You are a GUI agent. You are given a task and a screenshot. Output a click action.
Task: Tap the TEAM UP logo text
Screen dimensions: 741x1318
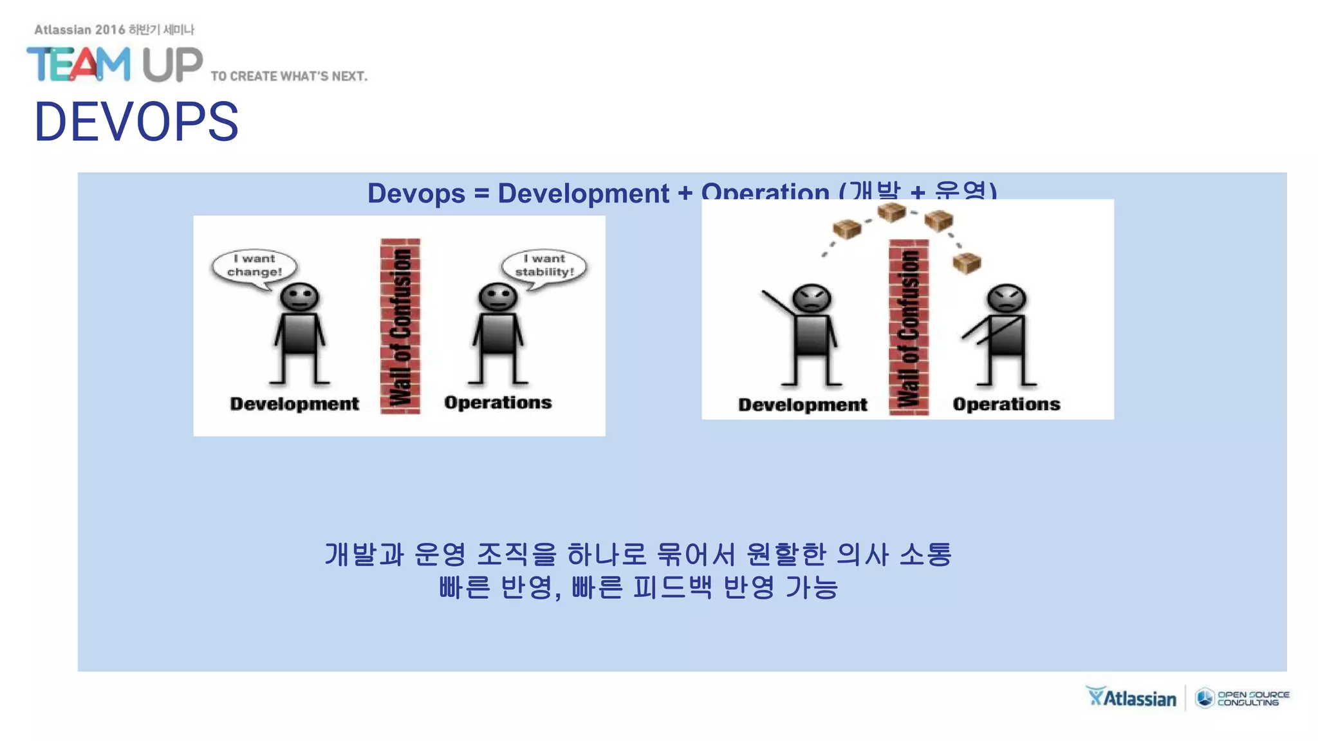click(115, 64)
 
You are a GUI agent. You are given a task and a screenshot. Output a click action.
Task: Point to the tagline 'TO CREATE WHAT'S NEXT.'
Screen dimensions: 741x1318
click(289, 77)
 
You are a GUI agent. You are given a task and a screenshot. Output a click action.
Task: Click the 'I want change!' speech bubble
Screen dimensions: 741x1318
click(254, 266)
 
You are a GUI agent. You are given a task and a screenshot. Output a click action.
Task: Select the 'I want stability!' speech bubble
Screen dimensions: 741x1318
click(544, 266)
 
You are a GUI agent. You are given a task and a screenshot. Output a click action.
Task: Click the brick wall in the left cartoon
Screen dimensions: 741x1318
click(400, 326)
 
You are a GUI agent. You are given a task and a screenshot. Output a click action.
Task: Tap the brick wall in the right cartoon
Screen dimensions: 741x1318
click(909, 327)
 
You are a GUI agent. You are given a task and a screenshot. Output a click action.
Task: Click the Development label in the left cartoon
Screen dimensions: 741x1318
click(294, 404)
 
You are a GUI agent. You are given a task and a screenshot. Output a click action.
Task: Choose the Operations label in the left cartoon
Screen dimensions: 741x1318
click(497, 403)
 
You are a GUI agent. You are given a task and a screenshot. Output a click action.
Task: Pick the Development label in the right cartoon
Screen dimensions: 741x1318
click(803, 405)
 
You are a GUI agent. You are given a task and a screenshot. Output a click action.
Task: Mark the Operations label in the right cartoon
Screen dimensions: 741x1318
click(1006, 405)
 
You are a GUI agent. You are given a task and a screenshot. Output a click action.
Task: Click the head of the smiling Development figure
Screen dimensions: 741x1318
click(299, 298)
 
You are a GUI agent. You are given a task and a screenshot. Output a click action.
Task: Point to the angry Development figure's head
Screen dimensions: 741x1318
click(812, 299)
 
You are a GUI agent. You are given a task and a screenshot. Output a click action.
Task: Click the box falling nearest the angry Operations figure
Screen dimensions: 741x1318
click(966, 262)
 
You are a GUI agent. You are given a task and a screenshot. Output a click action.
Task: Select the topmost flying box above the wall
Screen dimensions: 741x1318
click(891, 212)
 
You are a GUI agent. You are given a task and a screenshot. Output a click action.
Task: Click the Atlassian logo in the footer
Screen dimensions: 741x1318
click(1131, 698)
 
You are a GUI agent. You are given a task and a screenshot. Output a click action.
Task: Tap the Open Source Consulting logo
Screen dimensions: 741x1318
click(1242, 698)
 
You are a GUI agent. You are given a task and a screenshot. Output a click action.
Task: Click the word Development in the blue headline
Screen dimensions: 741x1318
click(583, 194)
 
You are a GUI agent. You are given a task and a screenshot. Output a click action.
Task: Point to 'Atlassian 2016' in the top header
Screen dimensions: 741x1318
click(80, 30)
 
